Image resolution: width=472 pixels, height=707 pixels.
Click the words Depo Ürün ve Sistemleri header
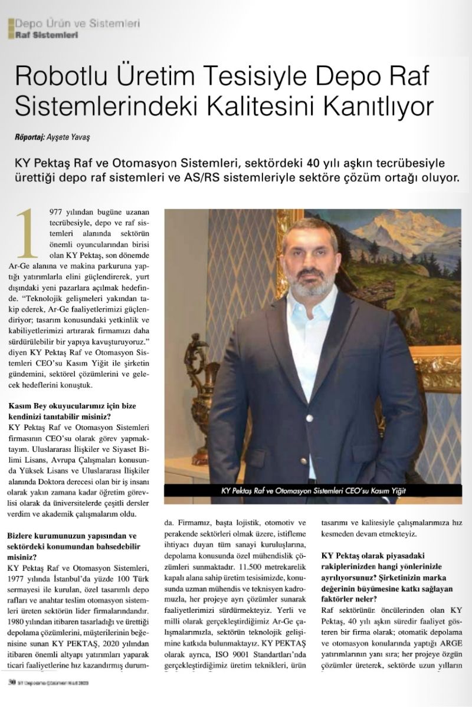77,24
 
